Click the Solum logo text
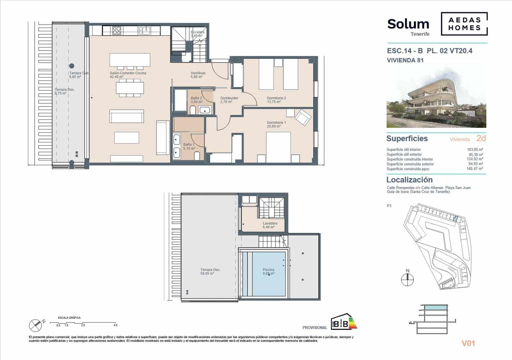pyautogui.click(x=408, y=24)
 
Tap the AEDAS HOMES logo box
pyautogui.click(x=464, y=24)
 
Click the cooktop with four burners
pyautogui.click(x=117, y=31)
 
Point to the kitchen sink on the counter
pyautogui.click(x=144, y=31)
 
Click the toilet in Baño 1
pyautogui.click(x=197, y=156)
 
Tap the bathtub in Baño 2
pyautogui.click(x=180, y=100)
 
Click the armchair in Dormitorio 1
pyautogui.click(x=302, y=117)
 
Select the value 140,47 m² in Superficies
pyautogui.click(x=475, y=169)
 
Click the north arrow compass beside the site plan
pyautogui.click(x=407, y=279)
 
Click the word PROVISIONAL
pyautogui.click(x=315, y=327)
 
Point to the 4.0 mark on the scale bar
pyautogui.click(x=115, y=325)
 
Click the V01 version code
pyautogui.click(x=468, y=343)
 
